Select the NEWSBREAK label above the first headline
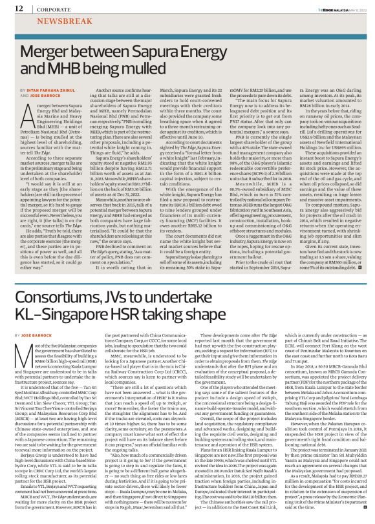[50, 21]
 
